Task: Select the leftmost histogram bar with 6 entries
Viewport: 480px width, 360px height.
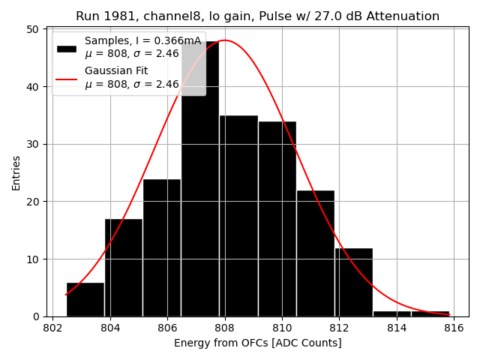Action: [x=85, y=299]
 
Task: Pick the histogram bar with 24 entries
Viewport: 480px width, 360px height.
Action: [x=162, y=247]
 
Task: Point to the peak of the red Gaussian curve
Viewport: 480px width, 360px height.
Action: [x=225, y=40]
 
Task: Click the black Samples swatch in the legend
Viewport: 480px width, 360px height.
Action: [x=67, y=48]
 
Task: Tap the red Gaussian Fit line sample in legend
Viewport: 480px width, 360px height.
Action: [x=67, y=78]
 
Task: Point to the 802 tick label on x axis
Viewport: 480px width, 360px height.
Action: [x=52, y=328]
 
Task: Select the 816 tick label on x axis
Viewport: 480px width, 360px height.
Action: [x=453, y=328]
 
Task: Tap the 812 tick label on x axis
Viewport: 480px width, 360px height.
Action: [x=339, y=328]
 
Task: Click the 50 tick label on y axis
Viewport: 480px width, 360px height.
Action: [x=34, y=29]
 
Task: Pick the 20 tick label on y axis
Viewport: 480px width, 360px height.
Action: [x=34, y=202]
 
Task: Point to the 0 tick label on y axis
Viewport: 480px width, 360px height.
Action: [x=37, y=316]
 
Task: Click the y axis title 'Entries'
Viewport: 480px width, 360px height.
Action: [x=16, y=172]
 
